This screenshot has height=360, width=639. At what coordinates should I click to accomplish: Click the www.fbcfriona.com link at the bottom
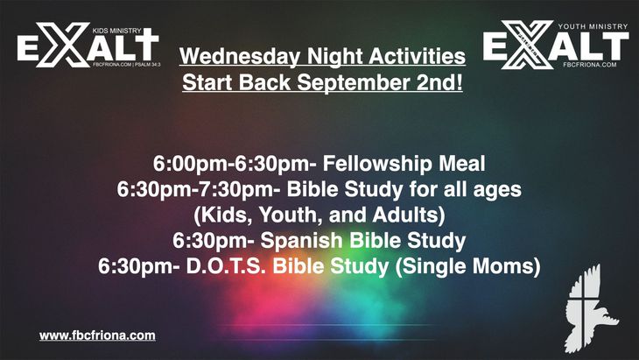tap(97, 336)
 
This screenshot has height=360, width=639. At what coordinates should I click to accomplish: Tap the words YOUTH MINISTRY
tap(593, 26)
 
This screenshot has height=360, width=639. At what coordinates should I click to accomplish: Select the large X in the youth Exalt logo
tap(528, 45)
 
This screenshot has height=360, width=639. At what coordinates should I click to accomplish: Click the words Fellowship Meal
tap(404, 164)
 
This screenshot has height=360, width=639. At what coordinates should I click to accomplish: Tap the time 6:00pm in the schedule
tap(190, 165)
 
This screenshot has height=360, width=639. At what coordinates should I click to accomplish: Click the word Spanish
tap(302, 241)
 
